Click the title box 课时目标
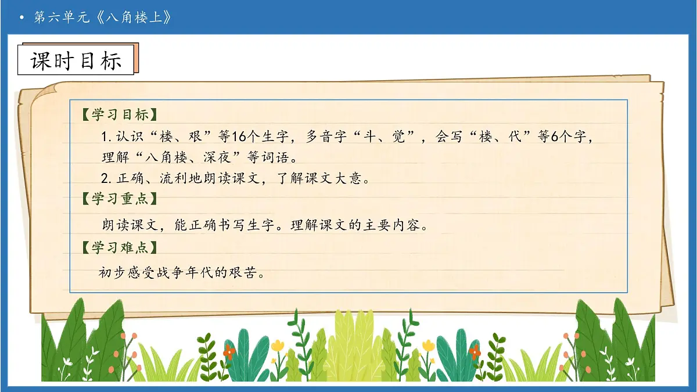click(x=76, y=60)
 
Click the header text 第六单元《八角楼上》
click(x=103, y=17)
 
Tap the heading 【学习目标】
click(x=119, y=114)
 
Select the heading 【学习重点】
click(x=119, y=199)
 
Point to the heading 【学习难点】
click(x=119, y=247)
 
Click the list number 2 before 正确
click(x=105, y=178)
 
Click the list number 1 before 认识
click(x=105, y=137)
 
